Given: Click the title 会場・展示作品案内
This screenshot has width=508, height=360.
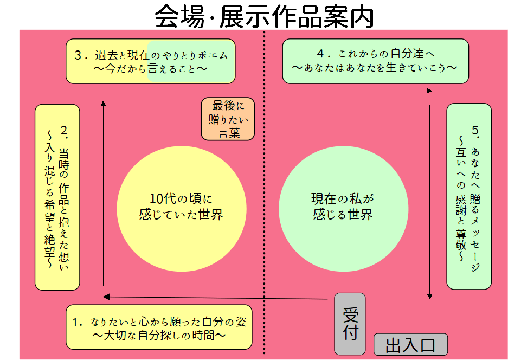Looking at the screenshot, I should point(264,16).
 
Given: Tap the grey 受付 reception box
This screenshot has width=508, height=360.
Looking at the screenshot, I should point(350,324).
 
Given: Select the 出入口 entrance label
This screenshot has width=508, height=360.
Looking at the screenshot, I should point(410,345).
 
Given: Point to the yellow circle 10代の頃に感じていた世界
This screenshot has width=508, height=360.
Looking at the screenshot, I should point(181,206).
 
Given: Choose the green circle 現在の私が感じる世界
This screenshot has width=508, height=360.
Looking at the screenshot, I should point(343,206).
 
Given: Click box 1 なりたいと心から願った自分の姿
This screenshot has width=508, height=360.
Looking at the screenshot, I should point(159,327).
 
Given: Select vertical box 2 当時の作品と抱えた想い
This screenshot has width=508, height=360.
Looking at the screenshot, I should point(57,197).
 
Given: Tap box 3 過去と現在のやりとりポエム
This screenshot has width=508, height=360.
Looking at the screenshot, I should point(151,61).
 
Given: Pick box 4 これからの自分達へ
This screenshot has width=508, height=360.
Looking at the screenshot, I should point(375,61).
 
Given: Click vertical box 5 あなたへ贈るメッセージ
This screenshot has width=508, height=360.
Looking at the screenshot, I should point(469,196).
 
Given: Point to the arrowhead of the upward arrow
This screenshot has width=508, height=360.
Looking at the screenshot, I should point(104,102).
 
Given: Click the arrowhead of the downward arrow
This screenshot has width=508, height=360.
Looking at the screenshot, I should point(430,296).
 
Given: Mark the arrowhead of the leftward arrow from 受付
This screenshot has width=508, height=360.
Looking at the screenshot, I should point(107,297).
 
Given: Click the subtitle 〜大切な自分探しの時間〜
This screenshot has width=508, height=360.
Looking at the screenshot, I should point(159,336).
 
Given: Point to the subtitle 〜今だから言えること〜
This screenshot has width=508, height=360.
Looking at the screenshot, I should point(151,69).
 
